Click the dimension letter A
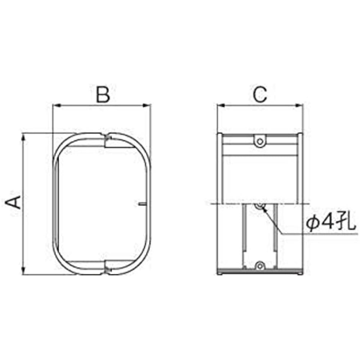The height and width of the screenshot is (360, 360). coord(13,202)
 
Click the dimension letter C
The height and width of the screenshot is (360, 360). coord(260,94)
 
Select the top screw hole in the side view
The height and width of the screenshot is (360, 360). coord(260,141)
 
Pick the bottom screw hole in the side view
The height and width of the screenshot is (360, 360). coord(260,266)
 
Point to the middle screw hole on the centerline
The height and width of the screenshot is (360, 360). coord(260,206)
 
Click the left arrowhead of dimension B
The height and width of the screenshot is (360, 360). coord(57,105)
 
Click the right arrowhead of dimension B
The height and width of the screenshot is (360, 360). coord(147,105)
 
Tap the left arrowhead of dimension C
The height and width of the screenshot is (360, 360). coord(221,105)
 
